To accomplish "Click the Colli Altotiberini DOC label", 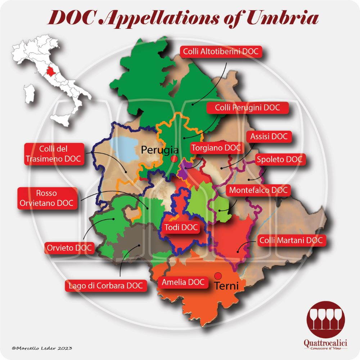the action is pyautogui.click(x=221, y=52).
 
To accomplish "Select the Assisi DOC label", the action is pyautogui.click(x=269, y=137).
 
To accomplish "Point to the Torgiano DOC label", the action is pyautogui.click(x=216, y=148).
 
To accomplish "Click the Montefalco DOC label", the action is pyautogui.click(x=259, y=190).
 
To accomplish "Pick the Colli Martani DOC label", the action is pyautogui.click(x=292, y=240).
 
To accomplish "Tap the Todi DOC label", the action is pyautogui.click(x=181, y=227).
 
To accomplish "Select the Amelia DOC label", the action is pyautogui.click(x=183, y=282).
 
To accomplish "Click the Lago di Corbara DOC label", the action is pyautogui.click(x=106, y=285).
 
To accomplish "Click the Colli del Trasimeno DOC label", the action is pyautogui.click(x=54, y=154).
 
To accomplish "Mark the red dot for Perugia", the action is pyautogui.click(x=174, y=159).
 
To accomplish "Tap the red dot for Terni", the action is pyautogui.click(x=217, y=276).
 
